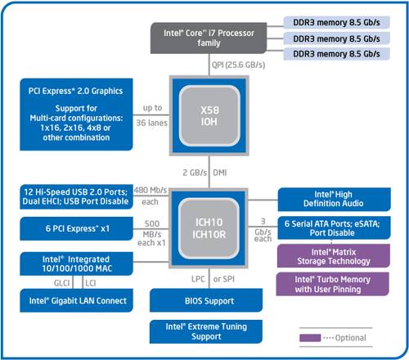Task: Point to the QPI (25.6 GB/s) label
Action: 235,64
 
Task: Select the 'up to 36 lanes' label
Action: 152,114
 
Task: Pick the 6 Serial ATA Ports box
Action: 332,227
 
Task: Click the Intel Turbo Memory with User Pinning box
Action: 332,283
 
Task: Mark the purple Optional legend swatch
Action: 311,337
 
